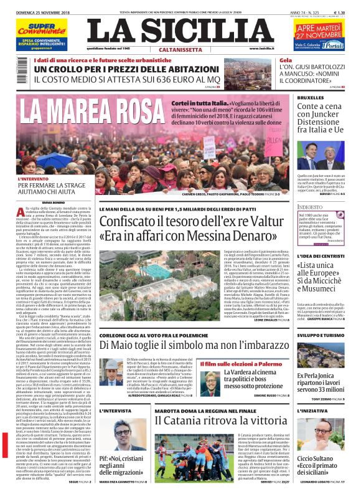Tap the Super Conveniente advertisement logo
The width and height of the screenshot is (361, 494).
(40, 29)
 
